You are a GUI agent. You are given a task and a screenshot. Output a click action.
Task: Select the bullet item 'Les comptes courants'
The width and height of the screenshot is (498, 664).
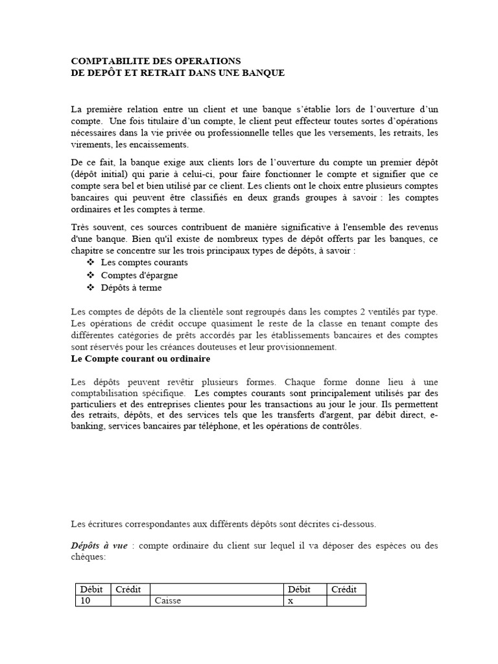(x=145, y=263)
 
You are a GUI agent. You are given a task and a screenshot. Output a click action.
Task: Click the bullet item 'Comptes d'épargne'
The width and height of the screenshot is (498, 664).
(x=139, y=275)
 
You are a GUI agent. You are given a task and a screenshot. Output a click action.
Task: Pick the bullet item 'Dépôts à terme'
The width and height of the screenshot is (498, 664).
(x=132, y=287)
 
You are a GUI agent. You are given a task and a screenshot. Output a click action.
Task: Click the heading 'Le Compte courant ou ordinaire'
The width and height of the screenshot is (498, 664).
(x=140, y=358)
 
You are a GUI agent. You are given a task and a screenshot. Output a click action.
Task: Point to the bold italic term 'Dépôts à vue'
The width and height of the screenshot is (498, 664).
(x=100, y=545)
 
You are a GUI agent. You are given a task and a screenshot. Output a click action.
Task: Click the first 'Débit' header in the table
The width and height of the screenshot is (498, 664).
(x=91, y=589)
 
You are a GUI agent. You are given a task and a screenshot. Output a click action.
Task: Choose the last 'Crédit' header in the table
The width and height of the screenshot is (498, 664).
(x=344, y=589)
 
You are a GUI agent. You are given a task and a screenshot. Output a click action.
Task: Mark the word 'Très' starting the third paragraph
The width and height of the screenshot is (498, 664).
(x=81, y=226)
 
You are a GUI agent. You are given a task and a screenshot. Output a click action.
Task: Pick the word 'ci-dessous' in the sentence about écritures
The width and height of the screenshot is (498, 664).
(x=354, y=523)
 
